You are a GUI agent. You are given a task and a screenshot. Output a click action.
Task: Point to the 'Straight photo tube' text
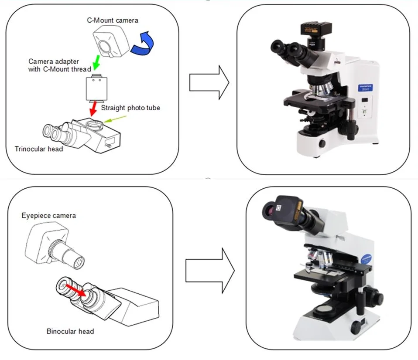pyautogui.click(x=130, y=108)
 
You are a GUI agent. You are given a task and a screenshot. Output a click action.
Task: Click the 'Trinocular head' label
pyautogui.click(x=39, y=149)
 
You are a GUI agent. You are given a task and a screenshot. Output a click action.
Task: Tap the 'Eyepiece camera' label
pyautogui.click(x=48, y=215)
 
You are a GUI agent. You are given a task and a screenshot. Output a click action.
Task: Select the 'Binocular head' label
pyautogui.click(x=70, y=331)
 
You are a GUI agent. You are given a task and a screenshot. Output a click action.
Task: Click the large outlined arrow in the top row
pyautogui.click(x=209, y=82)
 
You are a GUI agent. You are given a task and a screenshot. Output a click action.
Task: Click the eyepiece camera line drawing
pyautogui.click(x=55, y=246)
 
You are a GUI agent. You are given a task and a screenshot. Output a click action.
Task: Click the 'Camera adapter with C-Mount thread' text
pyautogui.click(x=60, y=65)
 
